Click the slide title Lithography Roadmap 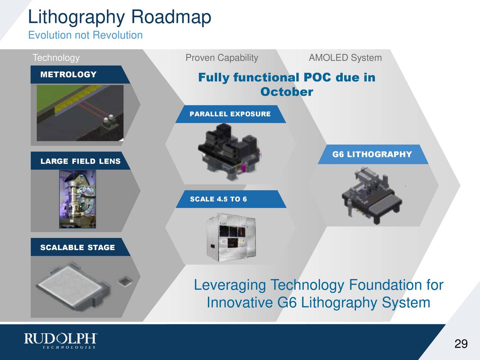(x=120, y=17)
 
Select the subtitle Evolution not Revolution (x=85, y=35)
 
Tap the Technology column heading (x=56, y=58)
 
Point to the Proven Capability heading (x=222, y=58)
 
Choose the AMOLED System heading (x=345, y=58)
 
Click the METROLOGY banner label (x=69, y=75)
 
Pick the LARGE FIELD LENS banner (x=80, y=161)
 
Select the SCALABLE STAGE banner (x=77, y=247)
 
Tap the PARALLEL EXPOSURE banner (x=230, y=114)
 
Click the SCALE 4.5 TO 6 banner (x=218, y=199)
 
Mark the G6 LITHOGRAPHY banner (x=372, y=154)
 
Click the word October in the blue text (x=286, y=92)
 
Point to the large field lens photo (x=78, y=199)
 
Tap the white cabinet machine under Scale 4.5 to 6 (x=228, y=236)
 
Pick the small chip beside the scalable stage (x=124, y=281)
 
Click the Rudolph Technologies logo (x=61, y=341)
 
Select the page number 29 (x=460, y=343)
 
